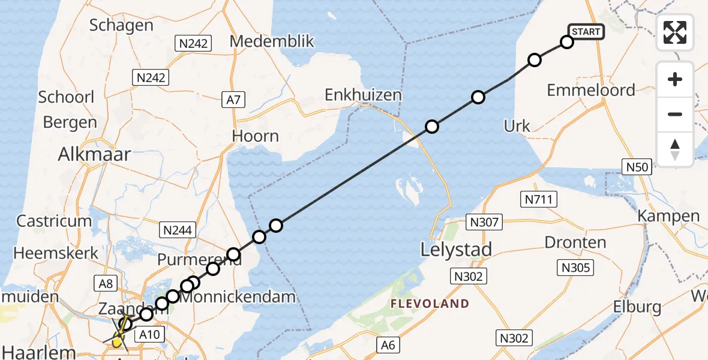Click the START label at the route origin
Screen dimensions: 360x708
click(586, 32)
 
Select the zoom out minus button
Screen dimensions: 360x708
click(675, 114)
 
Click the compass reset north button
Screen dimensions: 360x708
click(675, 149)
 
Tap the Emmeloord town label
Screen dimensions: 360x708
click(591, 90)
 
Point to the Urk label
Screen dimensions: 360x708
click(517, 126)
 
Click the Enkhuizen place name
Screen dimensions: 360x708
click(363, 95)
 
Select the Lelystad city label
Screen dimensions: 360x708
click(456, 249)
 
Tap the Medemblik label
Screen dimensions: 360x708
click(272, 41)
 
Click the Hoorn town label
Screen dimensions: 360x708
click(256, 136)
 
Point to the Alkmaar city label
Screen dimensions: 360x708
click(94, 154)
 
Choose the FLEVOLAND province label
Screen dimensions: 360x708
click(430, 304)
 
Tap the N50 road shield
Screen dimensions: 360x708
click(636, 167)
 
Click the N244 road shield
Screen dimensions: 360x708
click(176, 229)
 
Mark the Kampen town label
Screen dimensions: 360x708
click(668, 216)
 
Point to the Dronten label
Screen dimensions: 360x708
click(575, 242)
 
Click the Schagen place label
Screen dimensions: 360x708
click(121, 25)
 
